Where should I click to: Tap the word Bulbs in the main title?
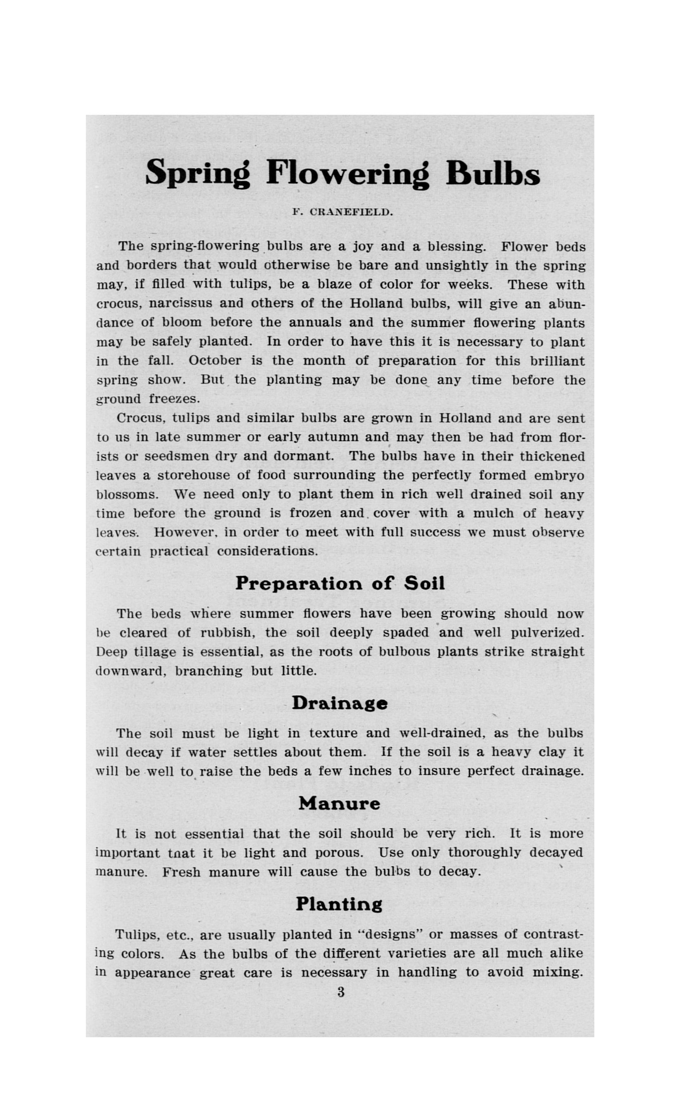(x=493, y=173)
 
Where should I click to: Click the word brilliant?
(x=557, y=361)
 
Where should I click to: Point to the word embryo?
(x=559, y=476)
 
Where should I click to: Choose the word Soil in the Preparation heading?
(x=424, y=584)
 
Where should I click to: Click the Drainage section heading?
(x=340, y=703)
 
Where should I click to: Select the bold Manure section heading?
(x=339, y=803)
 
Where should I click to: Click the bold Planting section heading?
(x=339, y=905)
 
